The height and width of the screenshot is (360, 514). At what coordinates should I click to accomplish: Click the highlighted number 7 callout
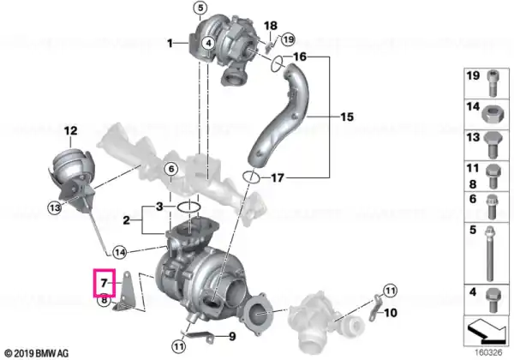pos(105,283)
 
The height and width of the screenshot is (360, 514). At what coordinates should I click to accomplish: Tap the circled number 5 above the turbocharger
pos(200,8)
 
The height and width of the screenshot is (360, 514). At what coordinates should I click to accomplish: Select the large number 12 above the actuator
pos(70,131)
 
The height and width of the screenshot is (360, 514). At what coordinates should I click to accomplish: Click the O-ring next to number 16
pos(277,64)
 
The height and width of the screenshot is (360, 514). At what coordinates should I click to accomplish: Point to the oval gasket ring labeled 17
pos(251,177)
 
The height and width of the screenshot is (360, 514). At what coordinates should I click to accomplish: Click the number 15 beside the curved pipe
pos(347,117)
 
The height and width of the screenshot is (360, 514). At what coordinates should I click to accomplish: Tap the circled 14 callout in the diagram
pos(119,253)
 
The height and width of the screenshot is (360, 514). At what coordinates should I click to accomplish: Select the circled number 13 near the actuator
pos(55,207)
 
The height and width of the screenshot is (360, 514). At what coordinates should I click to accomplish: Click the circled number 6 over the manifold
pos(171,170)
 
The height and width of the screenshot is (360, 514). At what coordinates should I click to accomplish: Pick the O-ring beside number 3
pos(188,207)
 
